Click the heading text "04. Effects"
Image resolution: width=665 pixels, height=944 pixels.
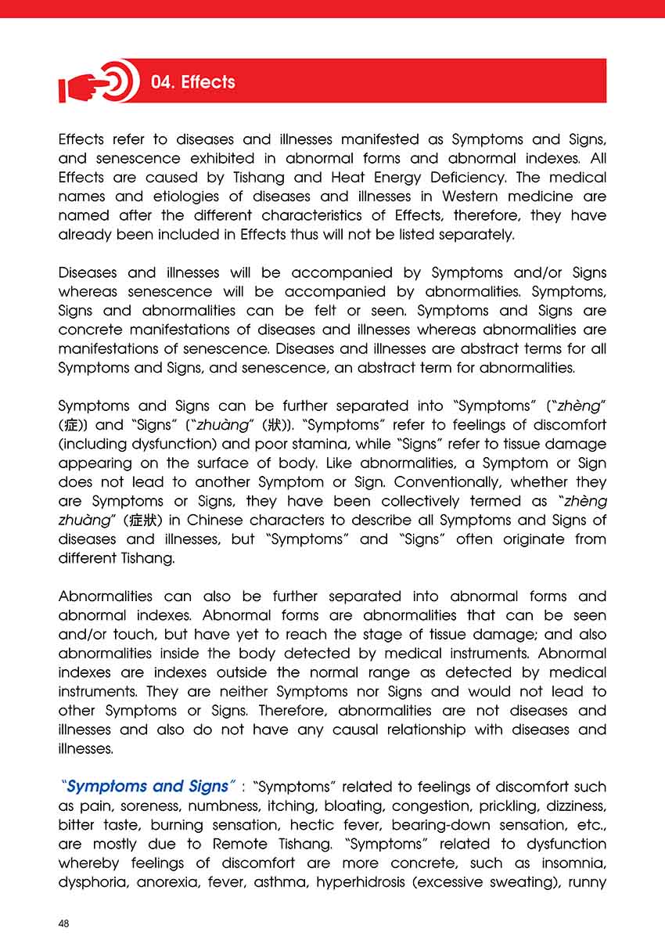(192, 82)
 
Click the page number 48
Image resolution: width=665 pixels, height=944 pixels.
(64, 924)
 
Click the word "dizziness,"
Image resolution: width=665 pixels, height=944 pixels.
(570, 806)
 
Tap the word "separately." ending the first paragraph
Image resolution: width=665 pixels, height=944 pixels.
(478, 235)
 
